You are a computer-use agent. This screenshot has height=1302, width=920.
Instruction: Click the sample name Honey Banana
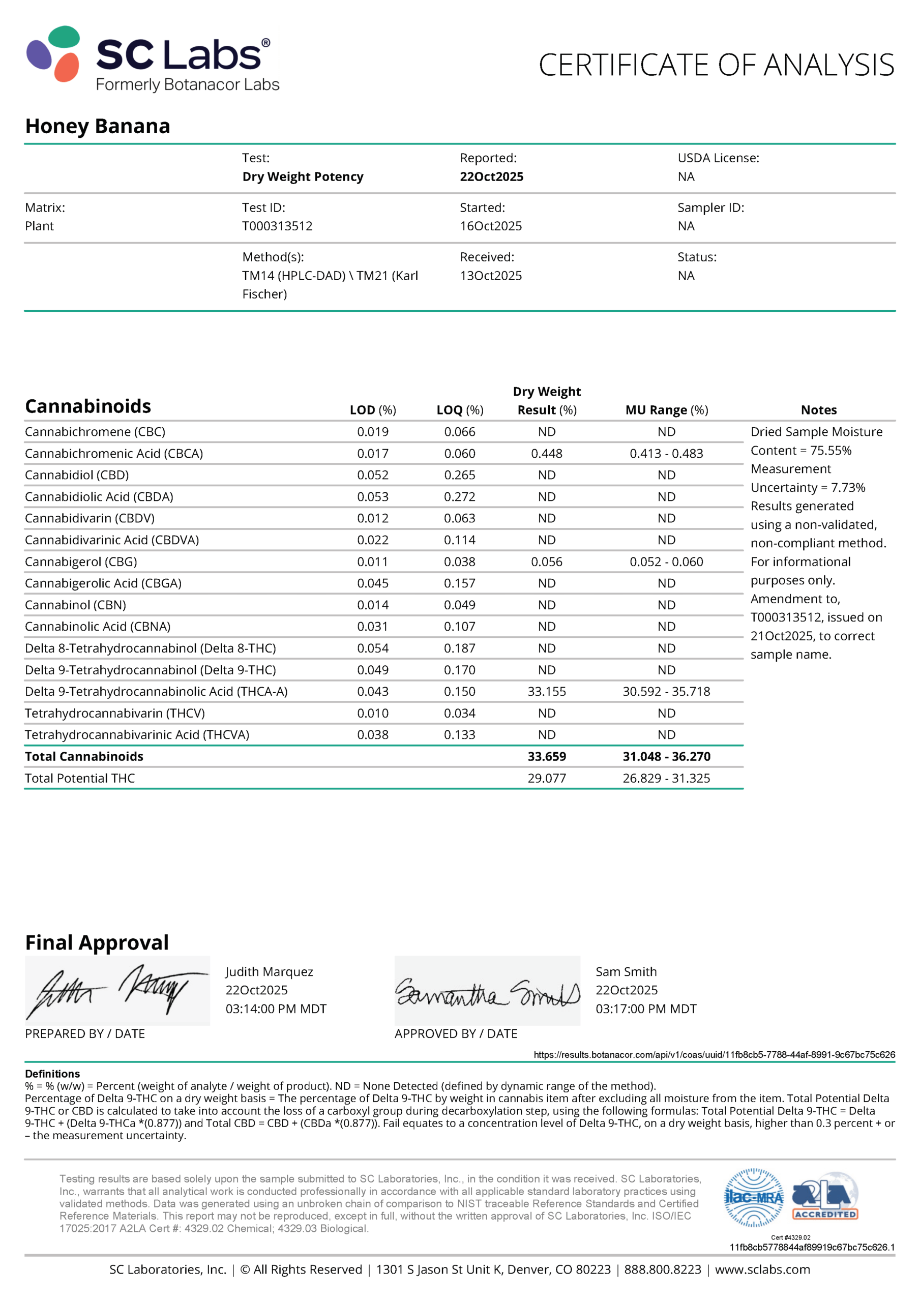pos(98,126)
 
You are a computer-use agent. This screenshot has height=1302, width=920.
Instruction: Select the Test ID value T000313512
pos(277,226)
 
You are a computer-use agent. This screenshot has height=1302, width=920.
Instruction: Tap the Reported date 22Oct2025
pos(491,177)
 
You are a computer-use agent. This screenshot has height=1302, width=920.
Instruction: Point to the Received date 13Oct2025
pos(491,276)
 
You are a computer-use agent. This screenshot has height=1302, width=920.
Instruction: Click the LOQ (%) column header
pos(459,410)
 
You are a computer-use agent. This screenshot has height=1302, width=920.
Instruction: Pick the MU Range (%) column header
pos(666,410)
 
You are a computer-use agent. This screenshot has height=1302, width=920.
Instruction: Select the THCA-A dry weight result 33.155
pos(546,692)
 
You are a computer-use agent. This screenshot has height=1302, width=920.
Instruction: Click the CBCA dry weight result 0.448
pos(546,454)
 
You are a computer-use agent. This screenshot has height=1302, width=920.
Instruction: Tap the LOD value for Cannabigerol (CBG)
pos(373,562)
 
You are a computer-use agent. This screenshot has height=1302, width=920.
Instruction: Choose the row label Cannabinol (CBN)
pos(75,605)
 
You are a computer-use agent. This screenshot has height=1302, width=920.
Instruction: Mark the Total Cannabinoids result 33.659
pos(546,756)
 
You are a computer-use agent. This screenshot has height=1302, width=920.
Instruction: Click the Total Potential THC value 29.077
pos(546,779)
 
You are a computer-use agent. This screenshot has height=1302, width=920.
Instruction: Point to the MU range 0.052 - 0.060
pos(666,562)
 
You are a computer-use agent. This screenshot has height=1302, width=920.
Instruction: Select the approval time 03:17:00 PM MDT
pos(645,1009)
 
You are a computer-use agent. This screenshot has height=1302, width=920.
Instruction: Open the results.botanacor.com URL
pos(714,1055)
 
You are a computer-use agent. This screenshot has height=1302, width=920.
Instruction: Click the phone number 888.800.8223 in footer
pos(663,1269)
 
